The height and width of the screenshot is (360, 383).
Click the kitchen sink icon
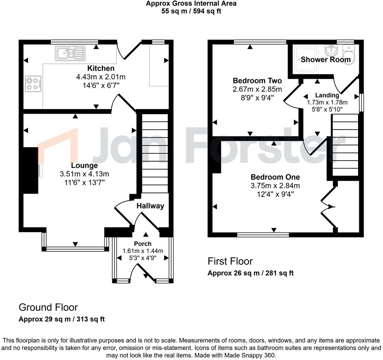(x=70, y=53)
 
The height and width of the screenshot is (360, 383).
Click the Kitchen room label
(x=100, y=68)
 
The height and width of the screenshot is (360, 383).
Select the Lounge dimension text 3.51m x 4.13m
(x=84, y=174)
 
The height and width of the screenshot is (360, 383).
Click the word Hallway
(x=150, y=206)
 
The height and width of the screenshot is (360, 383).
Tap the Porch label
(x=143, y=244)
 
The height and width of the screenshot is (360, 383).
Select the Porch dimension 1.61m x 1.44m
(x=143, y=251)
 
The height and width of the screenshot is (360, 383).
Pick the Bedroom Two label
(x=257, y=81)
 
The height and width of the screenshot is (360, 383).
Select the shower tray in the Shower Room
(x=306, y=59)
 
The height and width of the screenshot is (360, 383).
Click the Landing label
(x=327, y=95)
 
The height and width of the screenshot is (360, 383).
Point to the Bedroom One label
(x=275, y=177)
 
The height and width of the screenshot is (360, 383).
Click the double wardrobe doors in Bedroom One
(x=329, y=207)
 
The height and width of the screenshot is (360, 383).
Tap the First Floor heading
(x=230, y=261)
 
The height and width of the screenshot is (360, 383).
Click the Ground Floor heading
(x=48, y=307)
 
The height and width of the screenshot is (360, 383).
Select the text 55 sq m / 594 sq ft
(x=191, y=11)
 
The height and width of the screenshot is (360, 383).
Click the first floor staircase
(x=345, y=144)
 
